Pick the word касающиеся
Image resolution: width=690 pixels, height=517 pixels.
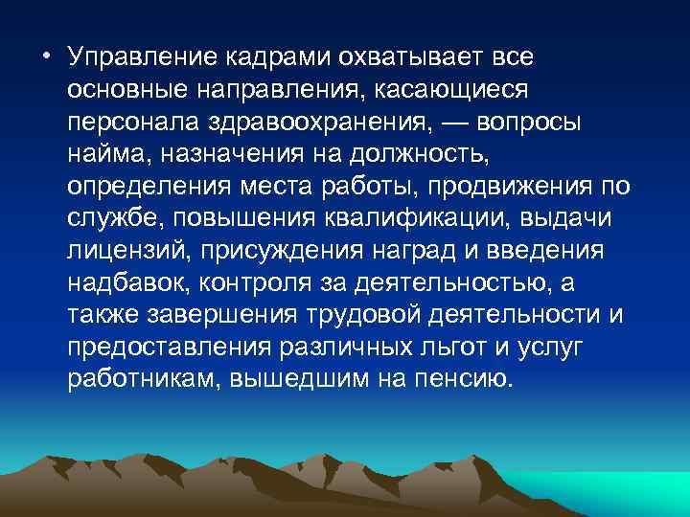click(452, 88)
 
